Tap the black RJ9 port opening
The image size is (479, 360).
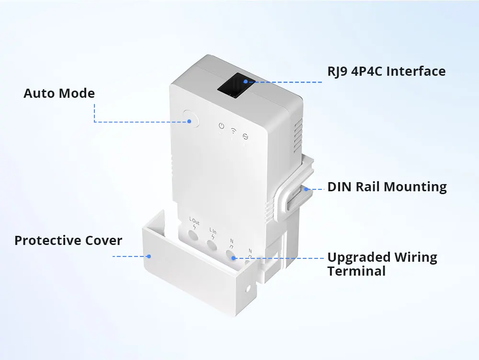coord(235,86)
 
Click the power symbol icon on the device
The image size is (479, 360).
coord(221,127)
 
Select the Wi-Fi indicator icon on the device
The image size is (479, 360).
coord(233,130)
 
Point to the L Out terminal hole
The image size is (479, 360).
coord(193,235)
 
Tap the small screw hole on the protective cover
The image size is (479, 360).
coord(248,290)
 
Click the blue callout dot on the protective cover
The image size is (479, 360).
coord(149,256)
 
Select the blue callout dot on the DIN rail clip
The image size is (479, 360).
coord(306,188)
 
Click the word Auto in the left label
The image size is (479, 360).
coord(38,93)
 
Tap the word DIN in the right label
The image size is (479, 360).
coord(340,186)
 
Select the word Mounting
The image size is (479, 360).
coord(416,187)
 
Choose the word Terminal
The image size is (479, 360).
coord(356,271)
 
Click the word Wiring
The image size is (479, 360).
coord(415,257)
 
